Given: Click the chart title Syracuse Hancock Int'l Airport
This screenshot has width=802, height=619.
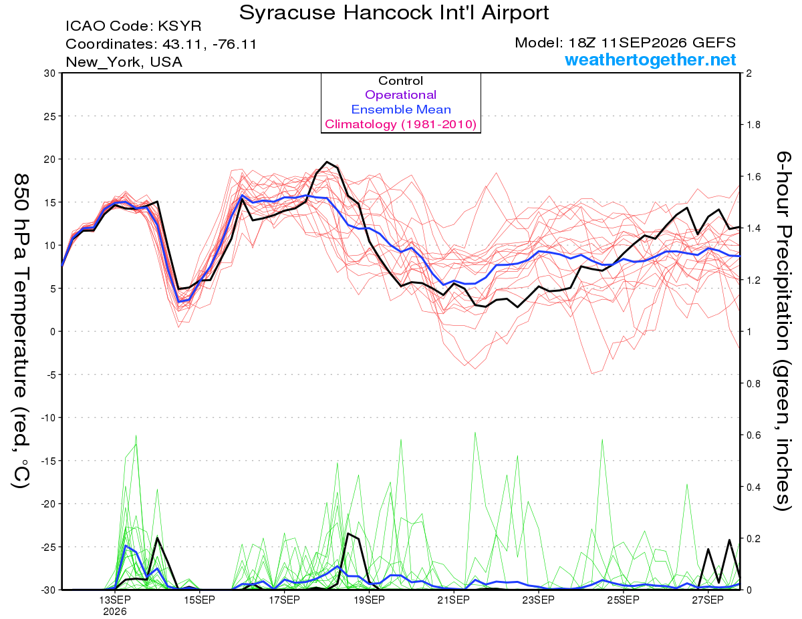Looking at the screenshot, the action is tap(394, 13).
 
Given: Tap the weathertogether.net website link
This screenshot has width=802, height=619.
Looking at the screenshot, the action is tap(650, 59).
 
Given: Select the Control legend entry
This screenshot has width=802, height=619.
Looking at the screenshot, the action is tap(400, 81).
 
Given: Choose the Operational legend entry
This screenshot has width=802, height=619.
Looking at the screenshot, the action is tap(400, 95).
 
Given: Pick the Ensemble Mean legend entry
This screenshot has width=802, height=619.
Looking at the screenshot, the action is tap(401, 110).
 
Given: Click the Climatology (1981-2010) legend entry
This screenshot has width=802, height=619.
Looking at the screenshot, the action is tap(400, 124).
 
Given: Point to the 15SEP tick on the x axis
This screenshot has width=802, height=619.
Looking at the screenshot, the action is tap(199, 600).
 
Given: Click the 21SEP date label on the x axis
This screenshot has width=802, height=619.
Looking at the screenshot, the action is tap(454, 600).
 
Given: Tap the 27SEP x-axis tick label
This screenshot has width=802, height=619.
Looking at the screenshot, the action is tap(708, 600).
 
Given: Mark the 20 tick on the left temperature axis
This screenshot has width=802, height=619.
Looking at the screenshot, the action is tap(49, 160).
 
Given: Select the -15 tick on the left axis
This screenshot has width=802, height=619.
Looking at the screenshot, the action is tap(47, 461).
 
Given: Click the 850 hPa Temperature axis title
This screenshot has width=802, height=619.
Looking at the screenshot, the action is tap(21, 331).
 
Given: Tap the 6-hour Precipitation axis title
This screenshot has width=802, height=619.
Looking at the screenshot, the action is tap(783, 331).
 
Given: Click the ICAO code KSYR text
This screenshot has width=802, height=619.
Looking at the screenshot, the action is tap(134, 26).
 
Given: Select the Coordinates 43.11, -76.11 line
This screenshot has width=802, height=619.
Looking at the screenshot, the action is tap(161, 44).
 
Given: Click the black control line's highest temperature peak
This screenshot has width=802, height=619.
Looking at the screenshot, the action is tap(327, 162).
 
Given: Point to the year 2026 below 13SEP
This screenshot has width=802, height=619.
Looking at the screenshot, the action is tap(115, 612).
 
